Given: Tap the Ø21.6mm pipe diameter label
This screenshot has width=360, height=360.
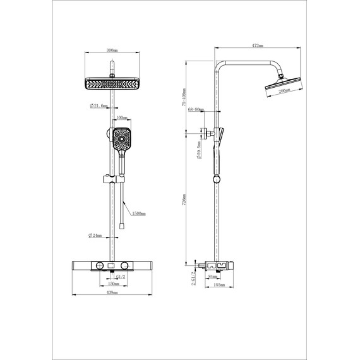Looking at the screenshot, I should [x=100, y=106].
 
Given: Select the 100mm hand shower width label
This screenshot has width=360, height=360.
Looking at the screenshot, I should [x=122, y=118].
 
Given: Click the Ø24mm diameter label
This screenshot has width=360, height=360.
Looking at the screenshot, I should [x=96, y=236].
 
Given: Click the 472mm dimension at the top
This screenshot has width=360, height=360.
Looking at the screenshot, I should [x=256, y=46].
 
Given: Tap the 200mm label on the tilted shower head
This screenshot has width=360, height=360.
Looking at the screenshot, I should [x=284, y=90].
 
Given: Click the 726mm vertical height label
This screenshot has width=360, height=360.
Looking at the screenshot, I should [x=184, y=199].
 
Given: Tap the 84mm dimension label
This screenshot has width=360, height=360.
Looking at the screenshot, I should [x=212, y=275].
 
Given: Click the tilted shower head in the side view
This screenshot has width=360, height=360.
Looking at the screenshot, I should [x=277, y=83].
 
